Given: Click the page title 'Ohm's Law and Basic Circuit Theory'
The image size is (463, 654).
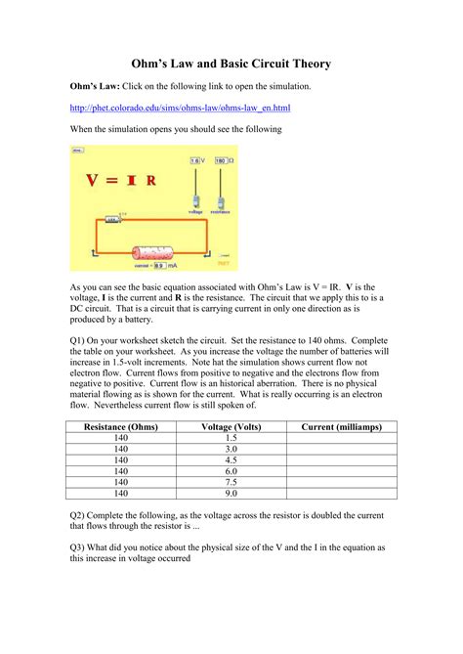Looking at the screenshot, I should (231, 64).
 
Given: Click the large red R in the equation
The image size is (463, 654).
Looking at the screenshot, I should (151, 181).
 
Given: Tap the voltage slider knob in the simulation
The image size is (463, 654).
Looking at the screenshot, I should (195, 200).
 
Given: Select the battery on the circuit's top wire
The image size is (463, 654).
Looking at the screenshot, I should (112, 221).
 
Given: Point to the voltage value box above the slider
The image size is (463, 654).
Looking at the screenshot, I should (195, 158).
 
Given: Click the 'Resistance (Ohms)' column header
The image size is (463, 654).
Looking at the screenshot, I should (121, 427).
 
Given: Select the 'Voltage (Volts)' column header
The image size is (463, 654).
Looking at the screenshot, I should (231, 427).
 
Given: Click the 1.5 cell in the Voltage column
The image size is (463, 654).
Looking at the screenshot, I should (231, 438).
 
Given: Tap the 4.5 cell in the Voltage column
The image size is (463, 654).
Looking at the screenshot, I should (231, 459).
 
